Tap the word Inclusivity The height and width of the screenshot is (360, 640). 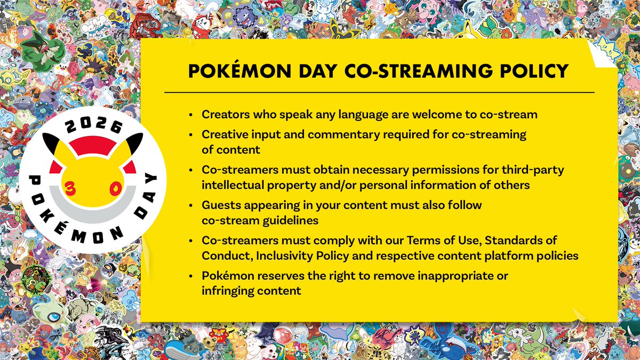[x=287, y=255]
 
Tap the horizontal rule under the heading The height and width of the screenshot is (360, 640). [x=379, y=92]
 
